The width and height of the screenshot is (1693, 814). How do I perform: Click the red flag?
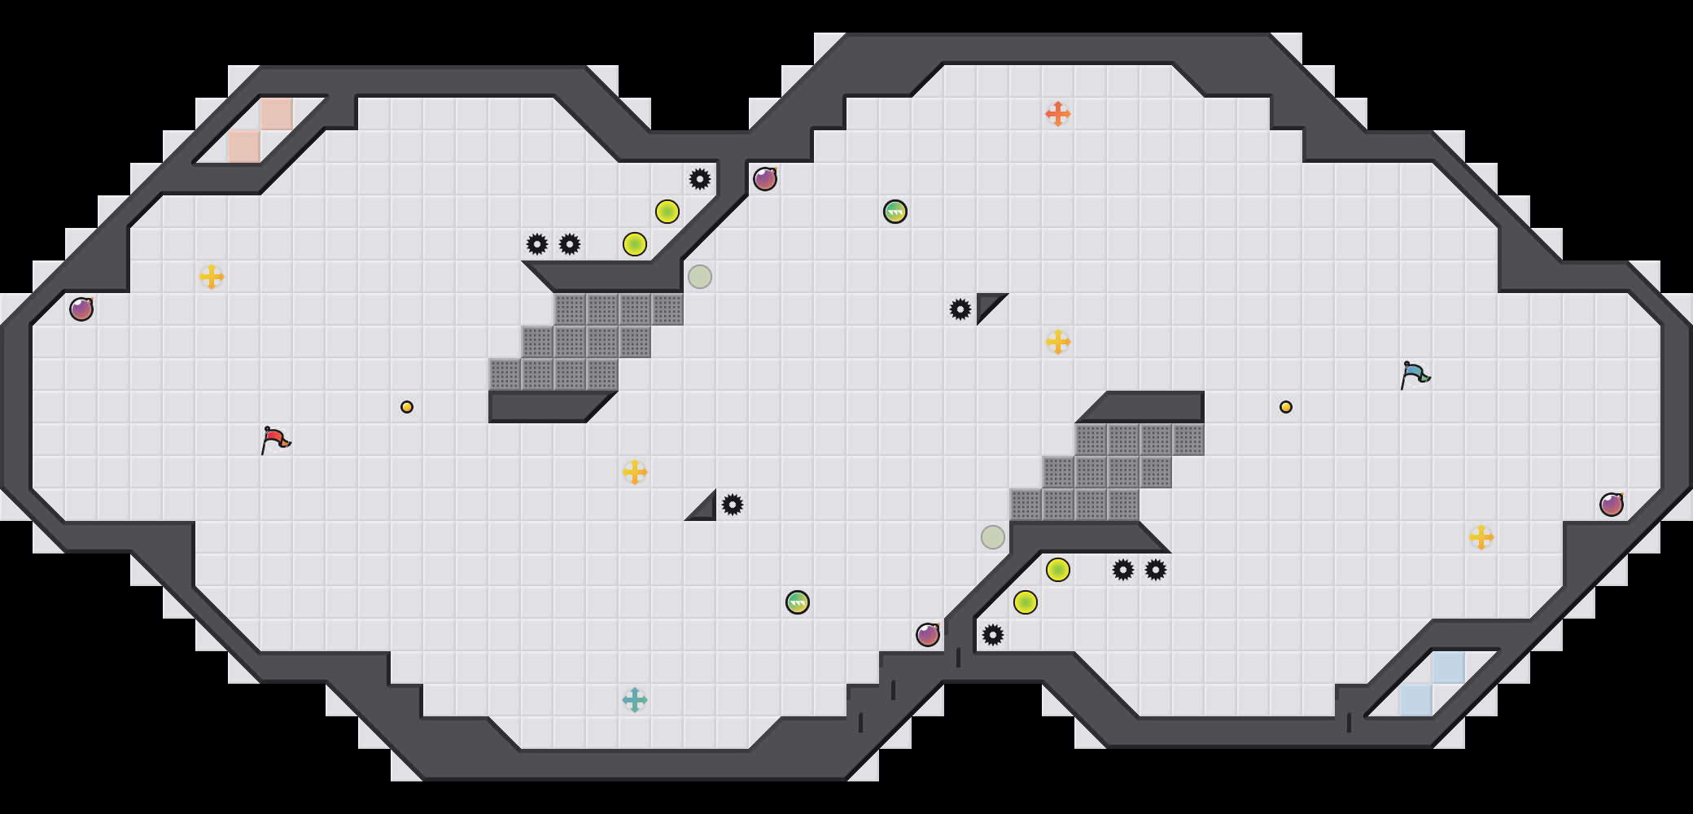point(275,440)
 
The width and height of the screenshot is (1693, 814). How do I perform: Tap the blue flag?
point(1415,375)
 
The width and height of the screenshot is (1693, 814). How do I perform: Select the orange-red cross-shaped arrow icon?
point(1057,114)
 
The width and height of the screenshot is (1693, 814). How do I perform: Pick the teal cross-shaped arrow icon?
point(634,700)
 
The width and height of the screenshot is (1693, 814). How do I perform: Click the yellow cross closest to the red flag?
point(212,277)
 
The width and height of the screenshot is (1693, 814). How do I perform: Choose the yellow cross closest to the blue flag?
point(1481,537)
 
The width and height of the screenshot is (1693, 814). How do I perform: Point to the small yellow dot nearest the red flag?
point(407,407)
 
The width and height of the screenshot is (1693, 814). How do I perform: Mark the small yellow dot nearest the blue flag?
point(1286,407)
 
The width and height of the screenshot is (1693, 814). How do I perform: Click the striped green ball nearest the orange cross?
point(895,212)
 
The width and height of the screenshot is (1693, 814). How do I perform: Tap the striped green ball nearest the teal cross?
point(798,602)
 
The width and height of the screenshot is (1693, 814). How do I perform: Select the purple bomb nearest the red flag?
point(81,309)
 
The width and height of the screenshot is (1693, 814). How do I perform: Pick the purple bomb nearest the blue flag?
point(1612,505)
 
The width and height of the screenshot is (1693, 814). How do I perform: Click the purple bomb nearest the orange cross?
point(765,179)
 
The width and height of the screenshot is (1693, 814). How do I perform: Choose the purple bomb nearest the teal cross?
point(928,635)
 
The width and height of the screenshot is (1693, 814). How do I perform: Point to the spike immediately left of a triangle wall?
point(960,309)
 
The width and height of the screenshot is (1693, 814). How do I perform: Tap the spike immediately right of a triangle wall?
point(733,505)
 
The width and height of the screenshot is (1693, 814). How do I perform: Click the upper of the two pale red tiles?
point(277,114)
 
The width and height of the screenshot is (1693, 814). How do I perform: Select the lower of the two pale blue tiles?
point(1416,700)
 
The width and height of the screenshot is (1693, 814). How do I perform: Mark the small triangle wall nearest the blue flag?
point(987,304)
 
